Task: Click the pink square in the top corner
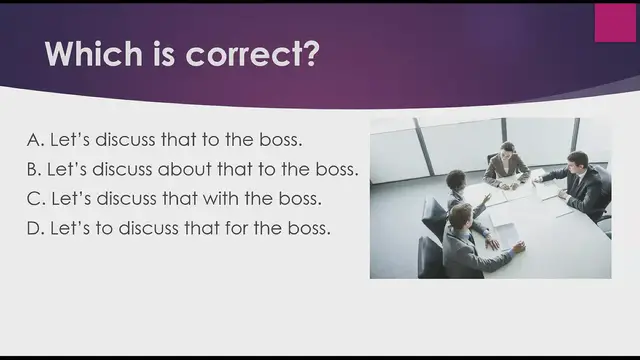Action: [x=615, y=22]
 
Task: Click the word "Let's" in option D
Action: [x=70, y=228]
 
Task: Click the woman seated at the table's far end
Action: [x=507, y=165]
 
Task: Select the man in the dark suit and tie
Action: [x=581, y=183]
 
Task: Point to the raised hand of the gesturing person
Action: [x=483, y=198]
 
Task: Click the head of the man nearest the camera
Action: [x=460, y=215]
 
